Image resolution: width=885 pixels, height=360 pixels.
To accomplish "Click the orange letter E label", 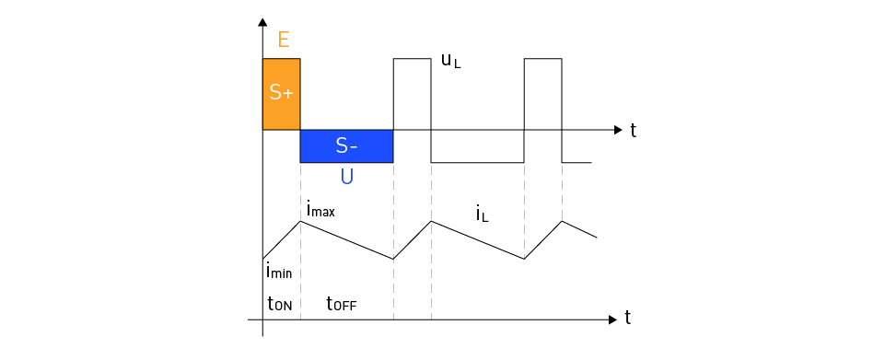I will pos(283,39).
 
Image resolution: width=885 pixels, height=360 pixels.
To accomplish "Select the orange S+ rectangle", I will pos(282,94).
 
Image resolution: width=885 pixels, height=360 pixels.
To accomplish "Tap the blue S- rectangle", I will pos(346,145).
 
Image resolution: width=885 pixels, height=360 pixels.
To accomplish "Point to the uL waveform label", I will pos(451,63).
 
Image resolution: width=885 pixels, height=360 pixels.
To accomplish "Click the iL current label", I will pos(483,215).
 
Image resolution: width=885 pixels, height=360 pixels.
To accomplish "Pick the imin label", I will pos(279,272).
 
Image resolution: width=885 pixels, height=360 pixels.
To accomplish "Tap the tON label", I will pos(279,302).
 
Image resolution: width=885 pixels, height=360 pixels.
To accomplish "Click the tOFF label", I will pos(341,302).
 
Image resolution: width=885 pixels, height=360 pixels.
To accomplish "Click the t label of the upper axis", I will pos(634,130).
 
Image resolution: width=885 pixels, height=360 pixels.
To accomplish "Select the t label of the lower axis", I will pos(627,318).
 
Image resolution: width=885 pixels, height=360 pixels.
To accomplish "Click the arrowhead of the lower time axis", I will pos(612,319).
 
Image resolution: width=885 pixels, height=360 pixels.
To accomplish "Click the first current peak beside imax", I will pos(300,221).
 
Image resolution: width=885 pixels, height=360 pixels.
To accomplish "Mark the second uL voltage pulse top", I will pos(413,59).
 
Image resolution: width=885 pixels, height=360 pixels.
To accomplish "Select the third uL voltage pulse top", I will pos(542,59).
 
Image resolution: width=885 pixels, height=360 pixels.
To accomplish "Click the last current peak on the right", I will pos(563,221).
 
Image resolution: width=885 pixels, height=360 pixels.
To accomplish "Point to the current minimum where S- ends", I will pos(393,259).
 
